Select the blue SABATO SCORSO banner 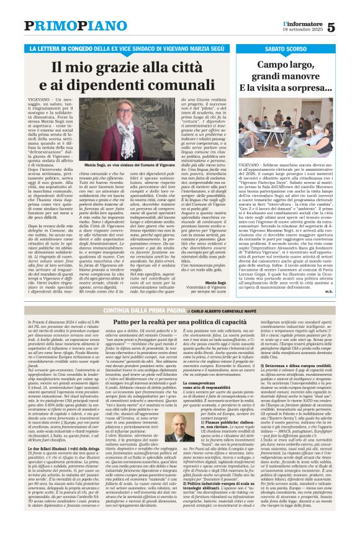[298, 48]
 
